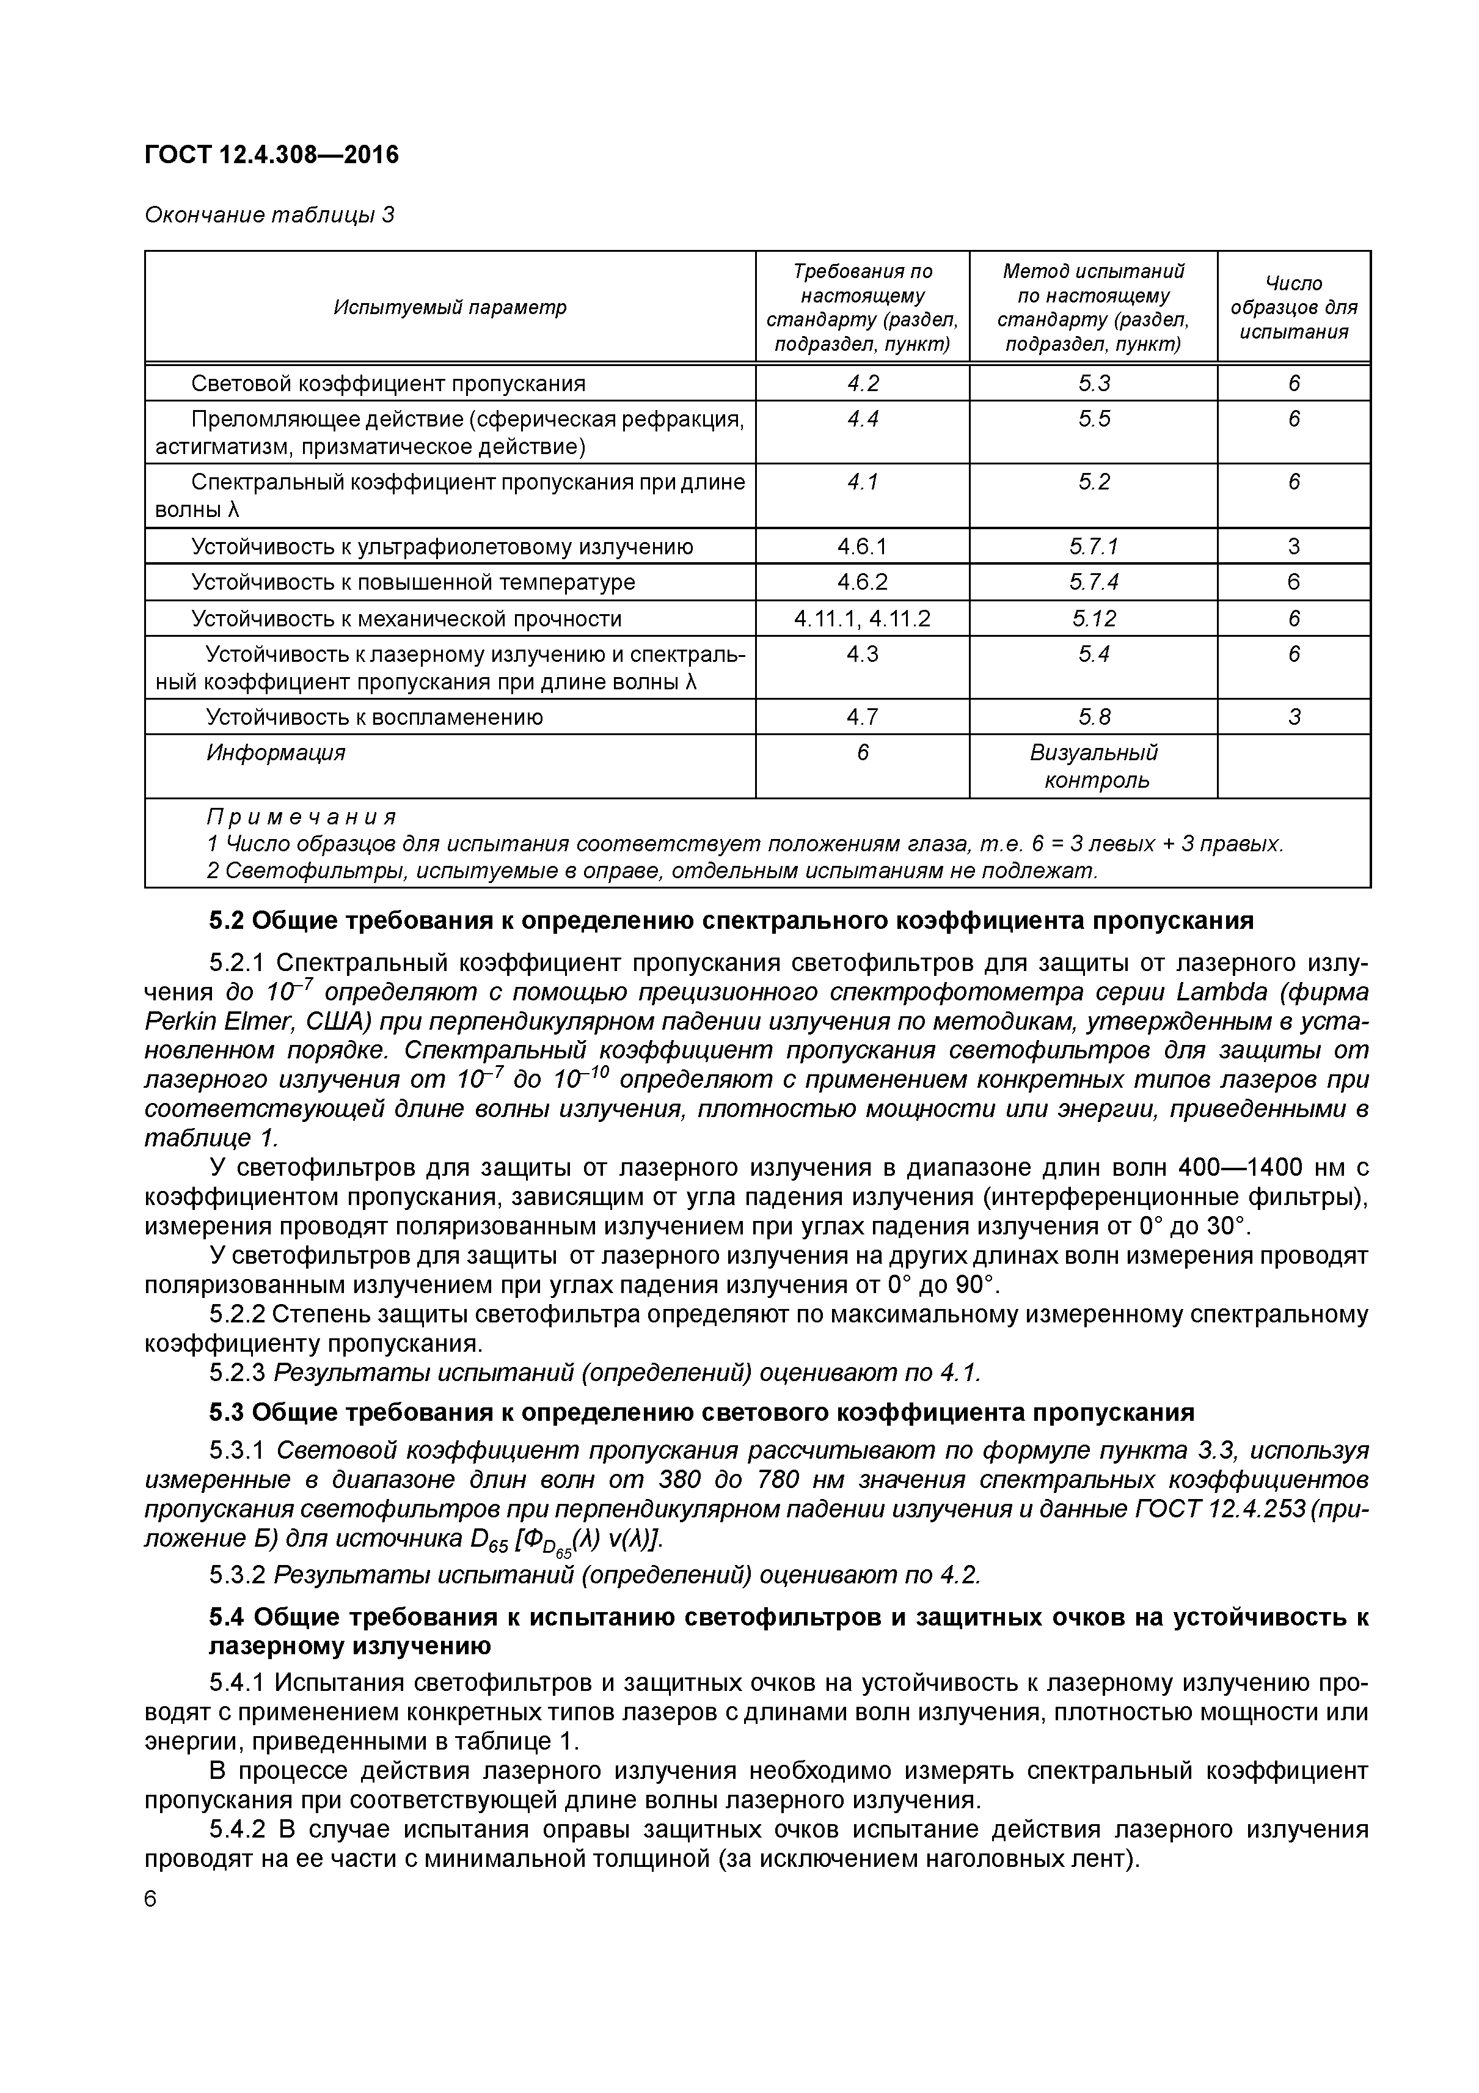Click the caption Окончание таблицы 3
pos(270,215)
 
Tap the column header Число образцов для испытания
pos(1293,307)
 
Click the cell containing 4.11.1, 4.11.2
pos(861,619)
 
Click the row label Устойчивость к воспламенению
pos(374,717)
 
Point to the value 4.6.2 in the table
pos(861,582)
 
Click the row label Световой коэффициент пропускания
pos(387,384)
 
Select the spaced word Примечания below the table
pos(301,817)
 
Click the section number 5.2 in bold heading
pos(226,922)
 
